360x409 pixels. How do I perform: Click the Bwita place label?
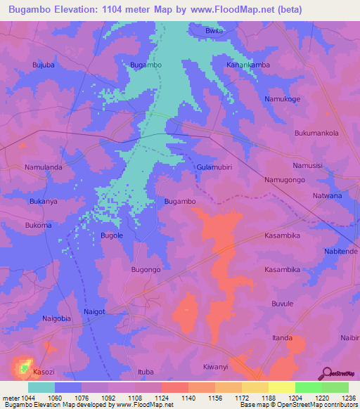(x=213, y=31)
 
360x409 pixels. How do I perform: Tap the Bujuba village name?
(x=44, y=65)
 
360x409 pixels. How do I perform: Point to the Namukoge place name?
(x=282, y=99)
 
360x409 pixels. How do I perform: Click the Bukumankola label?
(x=316, y=133)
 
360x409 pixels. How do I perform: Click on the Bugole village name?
(x=112, y=235)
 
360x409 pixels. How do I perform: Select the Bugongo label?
(x=146, y=269)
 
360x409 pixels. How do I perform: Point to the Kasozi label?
(x=43, y=371)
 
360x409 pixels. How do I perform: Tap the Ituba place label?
(x=146, y=371)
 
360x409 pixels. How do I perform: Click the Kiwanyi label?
(x=216, y=367)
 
